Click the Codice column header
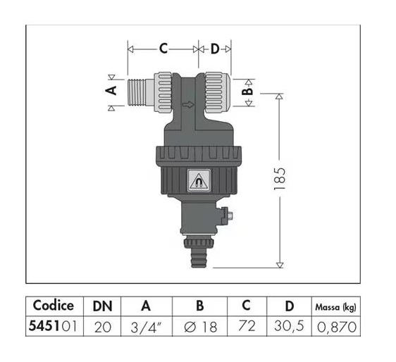pos(54,306)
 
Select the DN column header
pos(102,306)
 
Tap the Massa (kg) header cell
pos(335,306)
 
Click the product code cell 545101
pos(54,327)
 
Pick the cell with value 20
pos(102,327)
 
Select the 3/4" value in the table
pos(146,327)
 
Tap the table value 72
pos(246,327)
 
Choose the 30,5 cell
pos(288,327)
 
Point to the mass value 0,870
pos(335,327)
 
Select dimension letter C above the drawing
pos(163,49)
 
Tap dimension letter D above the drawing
pos(216,49)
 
